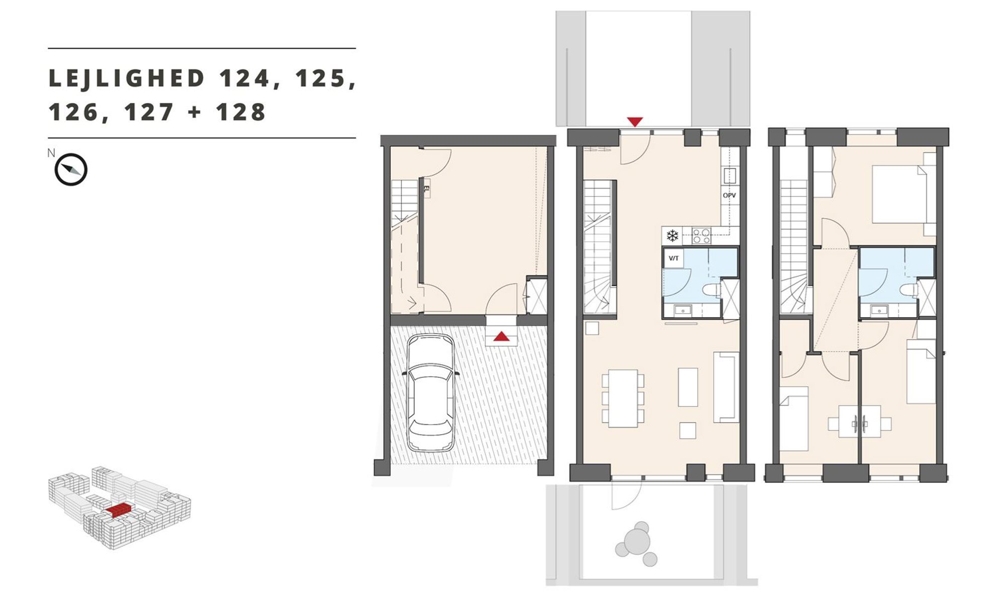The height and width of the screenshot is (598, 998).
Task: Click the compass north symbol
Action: (x=70, y=169)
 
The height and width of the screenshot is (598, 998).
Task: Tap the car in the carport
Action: (x=431, y=393)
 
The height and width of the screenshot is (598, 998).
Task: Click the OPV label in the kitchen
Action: (x=729, y=195)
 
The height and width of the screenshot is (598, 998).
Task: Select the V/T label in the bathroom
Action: (x=674, y=258)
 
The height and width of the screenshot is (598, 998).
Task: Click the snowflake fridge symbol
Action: (x=673, y=235)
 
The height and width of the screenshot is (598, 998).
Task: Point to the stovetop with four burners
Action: (x=701, y=236)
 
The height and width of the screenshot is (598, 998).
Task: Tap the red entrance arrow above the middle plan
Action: (x=635, y=122)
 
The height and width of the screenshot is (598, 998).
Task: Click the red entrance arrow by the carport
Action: (x=501, y=336)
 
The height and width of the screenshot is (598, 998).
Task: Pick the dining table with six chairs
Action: (x=623, y=398)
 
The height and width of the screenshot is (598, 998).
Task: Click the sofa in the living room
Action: (x=726, y=387)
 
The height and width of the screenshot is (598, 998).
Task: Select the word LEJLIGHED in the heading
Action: (x=127, y=79)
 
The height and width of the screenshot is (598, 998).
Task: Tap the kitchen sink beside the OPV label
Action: (x=729, y=175)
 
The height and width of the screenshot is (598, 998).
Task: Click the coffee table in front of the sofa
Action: (x=688, y=387)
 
